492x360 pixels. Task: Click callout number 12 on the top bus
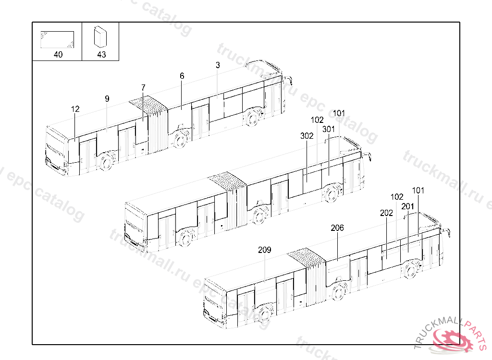tap(75, 109)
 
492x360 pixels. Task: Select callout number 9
tap(107, 98)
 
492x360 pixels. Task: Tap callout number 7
tap(143, 87)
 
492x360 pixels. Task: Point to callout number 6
tap(182, 76)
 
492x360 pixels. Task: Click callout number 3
tap(218, 65)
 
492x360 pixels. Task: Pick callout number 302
tap(307, 136)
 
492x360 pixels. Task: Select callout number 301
tap(329, 129)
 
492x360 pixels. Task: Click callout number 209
tap(264, 250)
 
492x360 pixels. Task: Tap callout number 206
tap(337, 228)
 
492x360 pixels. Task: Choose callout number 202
tap(386, 213)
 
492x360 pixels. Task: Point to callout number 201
tap(407, 206)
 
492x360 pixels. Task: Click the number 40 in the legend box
tap(58, 55)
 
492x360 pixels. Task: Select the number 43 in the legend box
tap(101, 55)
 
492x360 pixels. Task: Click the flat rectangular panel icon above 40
tap(58, 39)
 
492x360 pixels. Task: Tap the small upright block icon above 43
tap(101, 36)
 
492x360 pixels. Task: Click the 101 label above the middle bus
tap(339, 113)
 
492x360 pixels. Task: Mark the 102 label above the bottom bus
tap(397, 197)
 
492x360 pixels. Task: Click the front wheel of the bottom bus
tap(410, 270)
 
